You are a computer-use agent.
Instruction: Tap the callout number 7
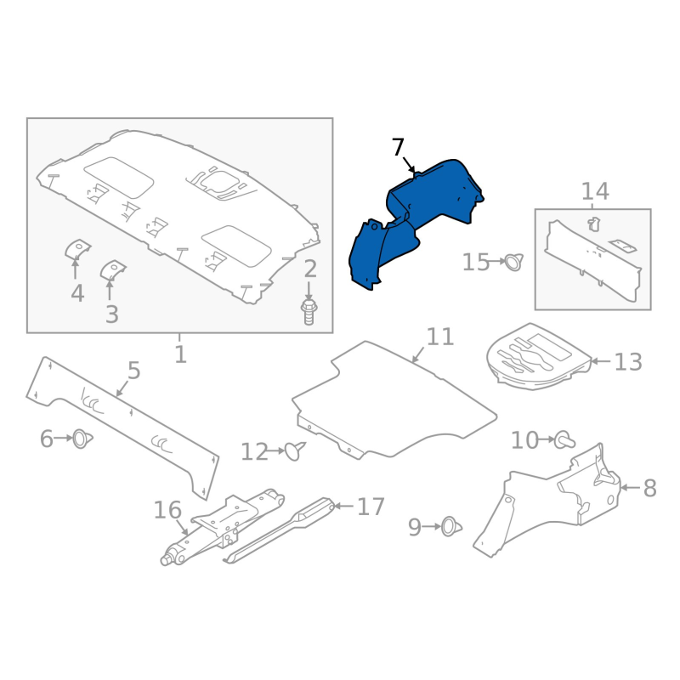click(x=398, y=147)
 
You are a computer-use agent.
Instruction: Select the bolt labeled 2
click(x=309, y=311)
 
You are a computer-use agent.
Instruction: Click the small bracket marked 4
click(x=77, y=249)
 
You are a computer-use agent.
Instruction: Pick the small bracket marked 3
click(x=113, y=270)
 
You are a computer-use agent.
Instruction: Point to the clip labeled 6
click(x=82, y=439)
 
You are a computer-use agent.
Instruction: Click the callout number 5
click(x=134, y=371)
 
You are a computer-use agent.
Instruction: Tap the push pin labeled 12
click(x=295, y=450)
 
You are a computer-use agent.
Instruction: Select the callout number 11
click(x=440, y=337)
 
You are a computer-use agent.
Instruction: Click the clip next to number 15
click(x=514, y=262)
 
